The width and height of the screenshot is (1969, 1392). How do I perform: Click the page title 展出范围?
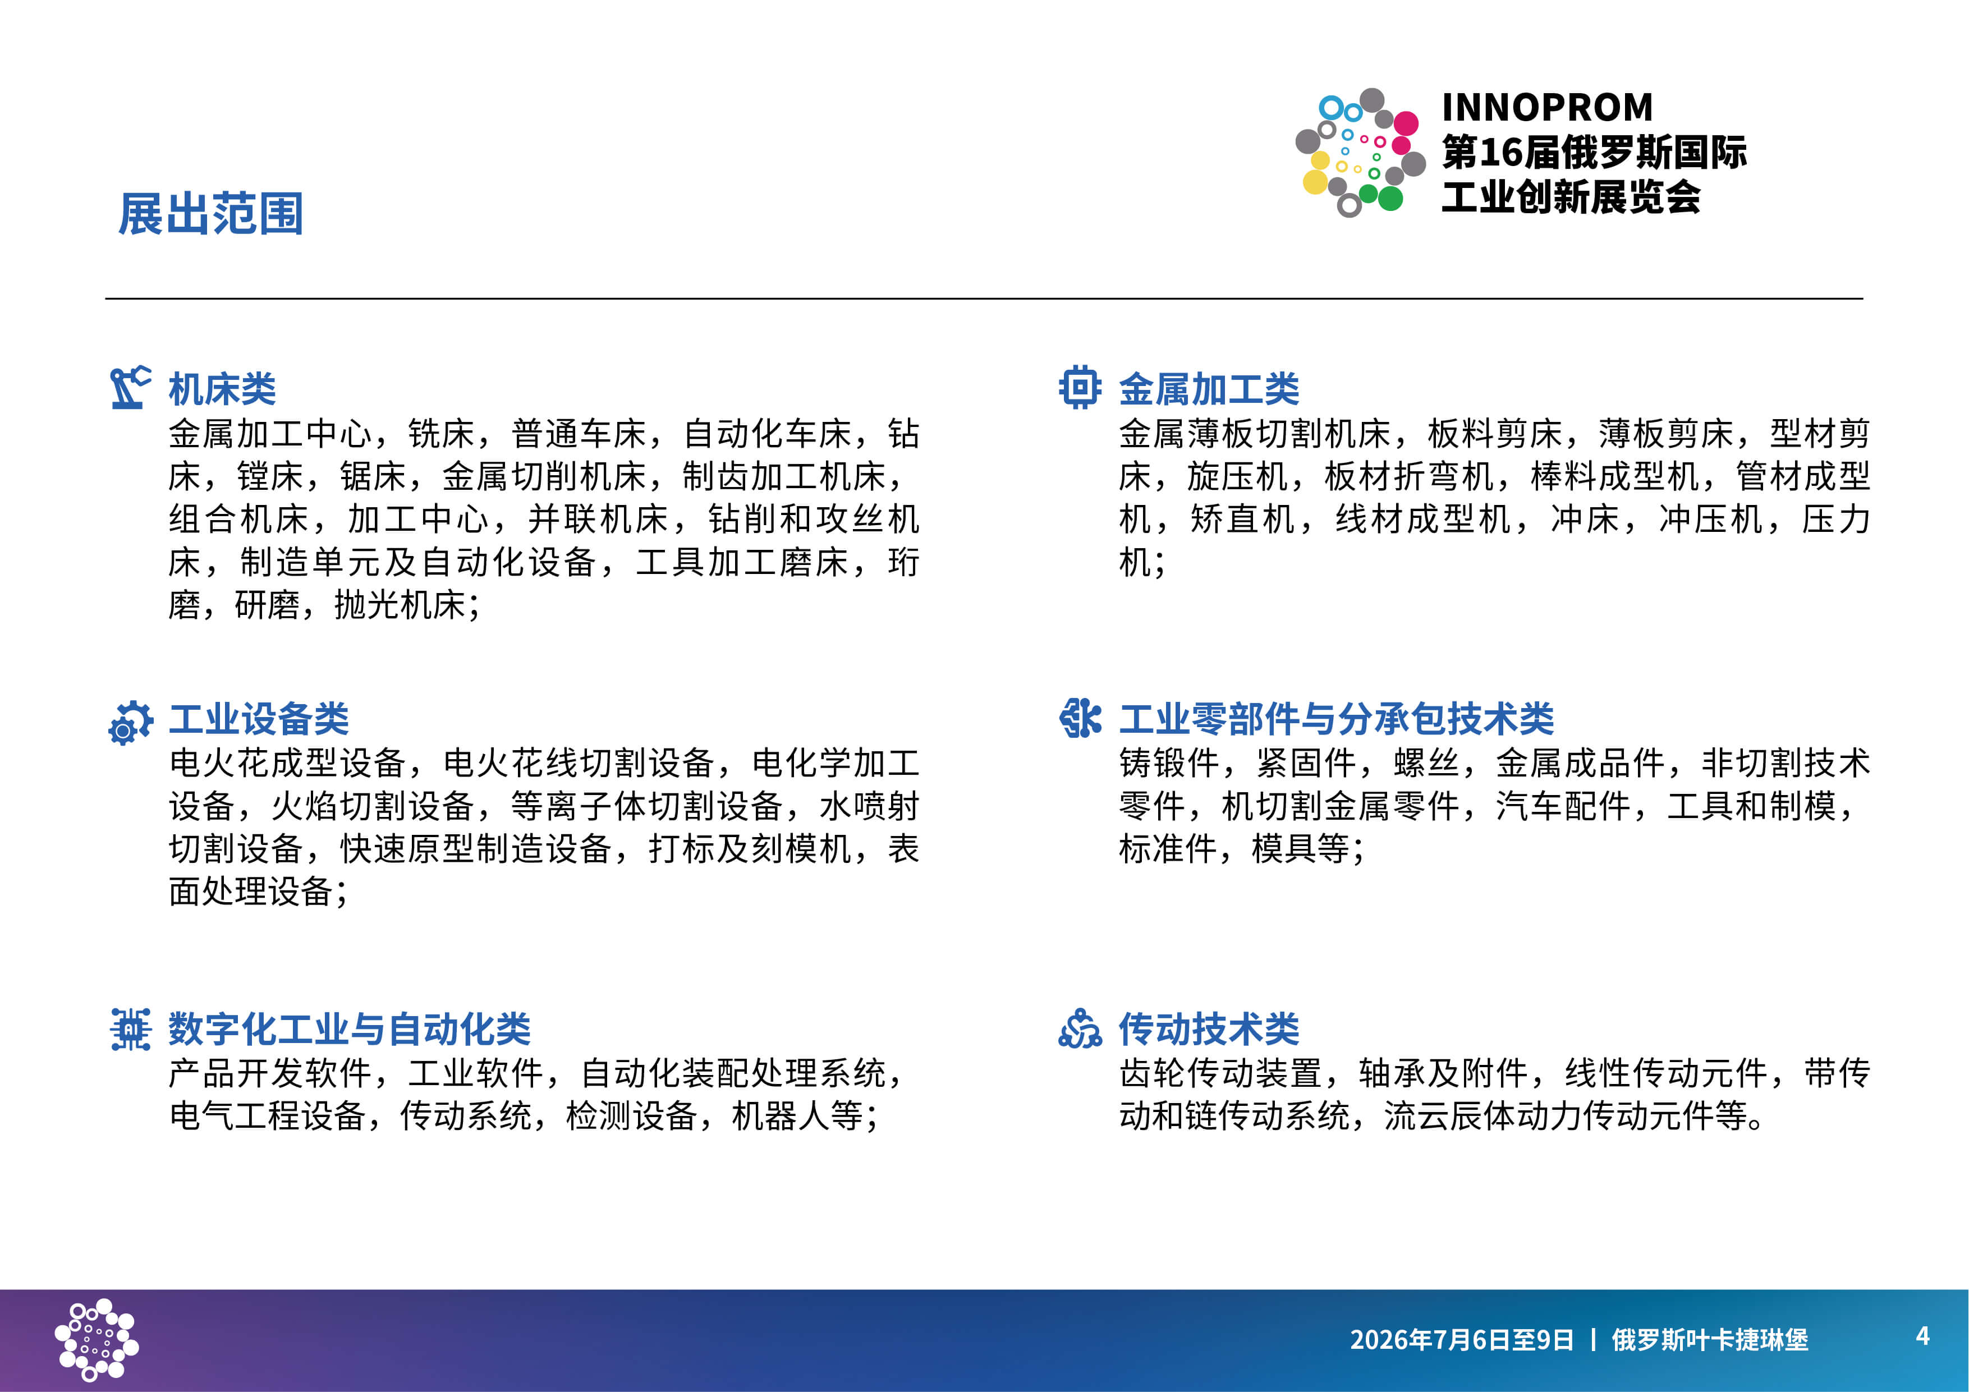(x=211, y=214)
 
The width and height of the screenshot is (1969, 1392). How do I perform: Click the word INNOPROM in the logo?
(x=1547, y=107)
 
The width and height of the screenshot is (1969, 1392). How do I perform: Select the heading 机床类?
(x=222, y=389)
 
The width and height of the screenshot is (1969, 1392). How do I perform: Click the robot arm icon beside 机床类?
(x=130, y=388)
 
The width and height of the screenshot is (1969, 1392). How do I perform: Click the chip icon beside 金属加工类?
(x=1080, y=388)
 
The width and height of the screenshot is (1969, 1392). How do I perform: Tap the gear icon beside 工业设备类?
(x=130, y=722)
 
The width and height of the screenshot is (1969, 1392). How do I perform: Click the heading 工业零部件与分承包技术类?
(x=1336, y=719)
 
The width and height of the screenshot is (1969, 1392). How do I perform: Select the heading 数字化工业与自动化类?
(x=349, y=1029)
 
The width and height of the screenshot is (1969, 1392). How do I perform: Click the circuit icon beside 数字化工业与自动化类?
(x=130, y=1029)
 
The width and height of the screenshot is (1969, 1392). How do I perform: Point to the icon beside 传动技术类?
(x=1080, y=1028)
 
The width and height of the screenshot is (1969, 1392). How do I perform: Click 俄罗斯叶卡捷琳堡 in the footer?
(x=1710, y=1340)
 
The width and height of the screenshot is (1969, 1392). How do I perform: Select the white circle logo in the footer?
(x=96, y=1340)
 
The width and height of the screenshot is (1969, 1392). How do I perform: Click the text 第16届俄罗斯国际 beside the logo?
(x=1594, y=153)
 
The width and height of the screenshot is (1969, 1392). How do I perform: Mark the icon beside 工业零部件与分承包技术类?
(x=1080, y=718)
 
